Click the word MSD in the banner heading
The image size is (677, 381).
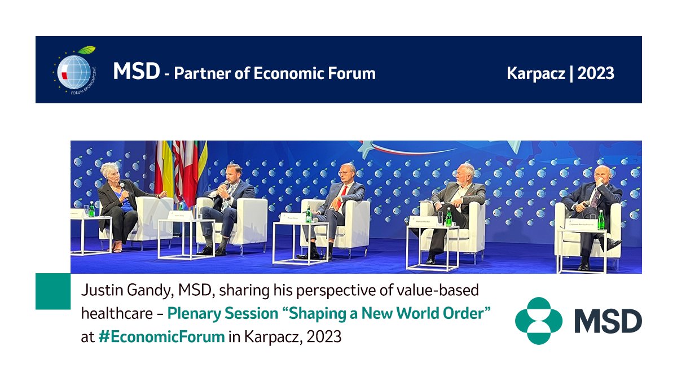136,72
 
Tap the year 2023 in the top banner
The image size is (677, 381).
595,73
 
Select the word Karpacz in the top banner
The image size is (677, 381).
535,73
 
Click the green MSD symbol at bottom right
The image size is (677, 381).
538,321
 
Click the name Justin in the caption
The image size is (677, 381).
99,291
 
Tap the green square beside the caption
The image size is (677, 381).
53,291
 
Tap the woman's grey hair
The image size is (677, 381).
109,169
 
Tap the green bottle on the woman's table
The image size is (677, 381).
91,210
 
